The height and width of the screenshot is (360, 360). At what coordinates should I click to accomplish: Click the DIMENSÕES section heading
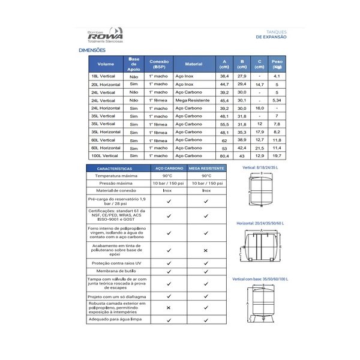[92, 50]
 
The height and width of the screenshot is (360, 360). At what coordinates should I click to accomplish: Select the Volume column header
[106, 64]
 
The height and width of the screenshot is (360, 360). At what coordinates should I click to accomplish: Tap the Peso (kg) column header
[277, 64]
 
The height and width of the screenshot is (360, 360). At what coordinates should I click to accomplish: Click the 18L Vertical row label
[104, 77]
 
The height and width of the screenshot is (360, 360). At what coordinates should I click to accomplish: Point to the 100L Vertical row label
[104, 155]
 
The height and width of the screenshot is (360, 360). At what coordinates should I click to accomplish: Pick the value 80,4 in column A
[224, 155]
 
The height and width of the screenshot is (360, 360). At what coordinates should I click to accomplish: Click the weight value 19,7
[277, 155]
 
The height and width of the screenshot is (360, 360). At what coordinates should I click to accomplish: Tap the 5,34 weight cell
[277, 100]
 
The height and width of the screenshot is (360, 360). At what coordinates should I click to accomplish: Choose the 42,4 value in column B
[242, 148]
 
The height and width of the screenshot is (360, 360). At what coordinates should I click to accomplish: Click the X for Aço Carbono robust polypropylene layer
[169, 308]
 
